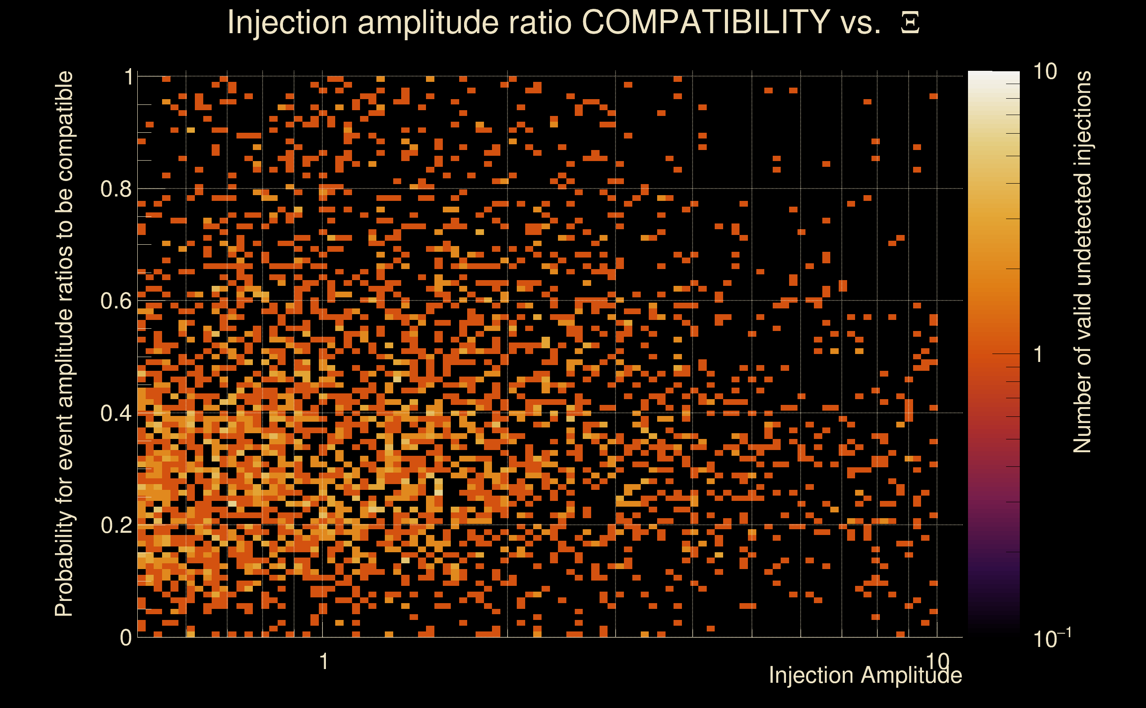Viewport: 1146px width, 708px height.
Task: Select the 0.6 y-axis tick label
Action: [x=116, y=300]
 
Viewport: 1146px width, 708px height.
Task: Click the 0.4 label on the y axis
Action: [x=116, y=413]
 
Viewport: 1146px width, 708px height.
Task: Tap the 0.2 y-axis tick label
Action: [x=116, y=525]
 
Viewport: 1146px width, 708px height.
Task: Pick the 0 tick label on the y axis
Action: [x=126, y=638]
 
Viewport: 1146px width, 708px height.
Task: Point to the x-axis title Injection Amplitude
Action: [x=865, y=675]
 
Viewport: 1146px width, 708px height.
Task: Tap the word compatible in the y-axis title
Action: [x=64, y=127]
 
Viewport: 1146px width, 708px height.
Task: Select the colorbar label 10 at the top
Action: [x=1045, y=72]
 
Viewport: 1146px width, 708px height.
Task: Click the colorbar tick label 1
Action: [x=1038, y=354]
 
